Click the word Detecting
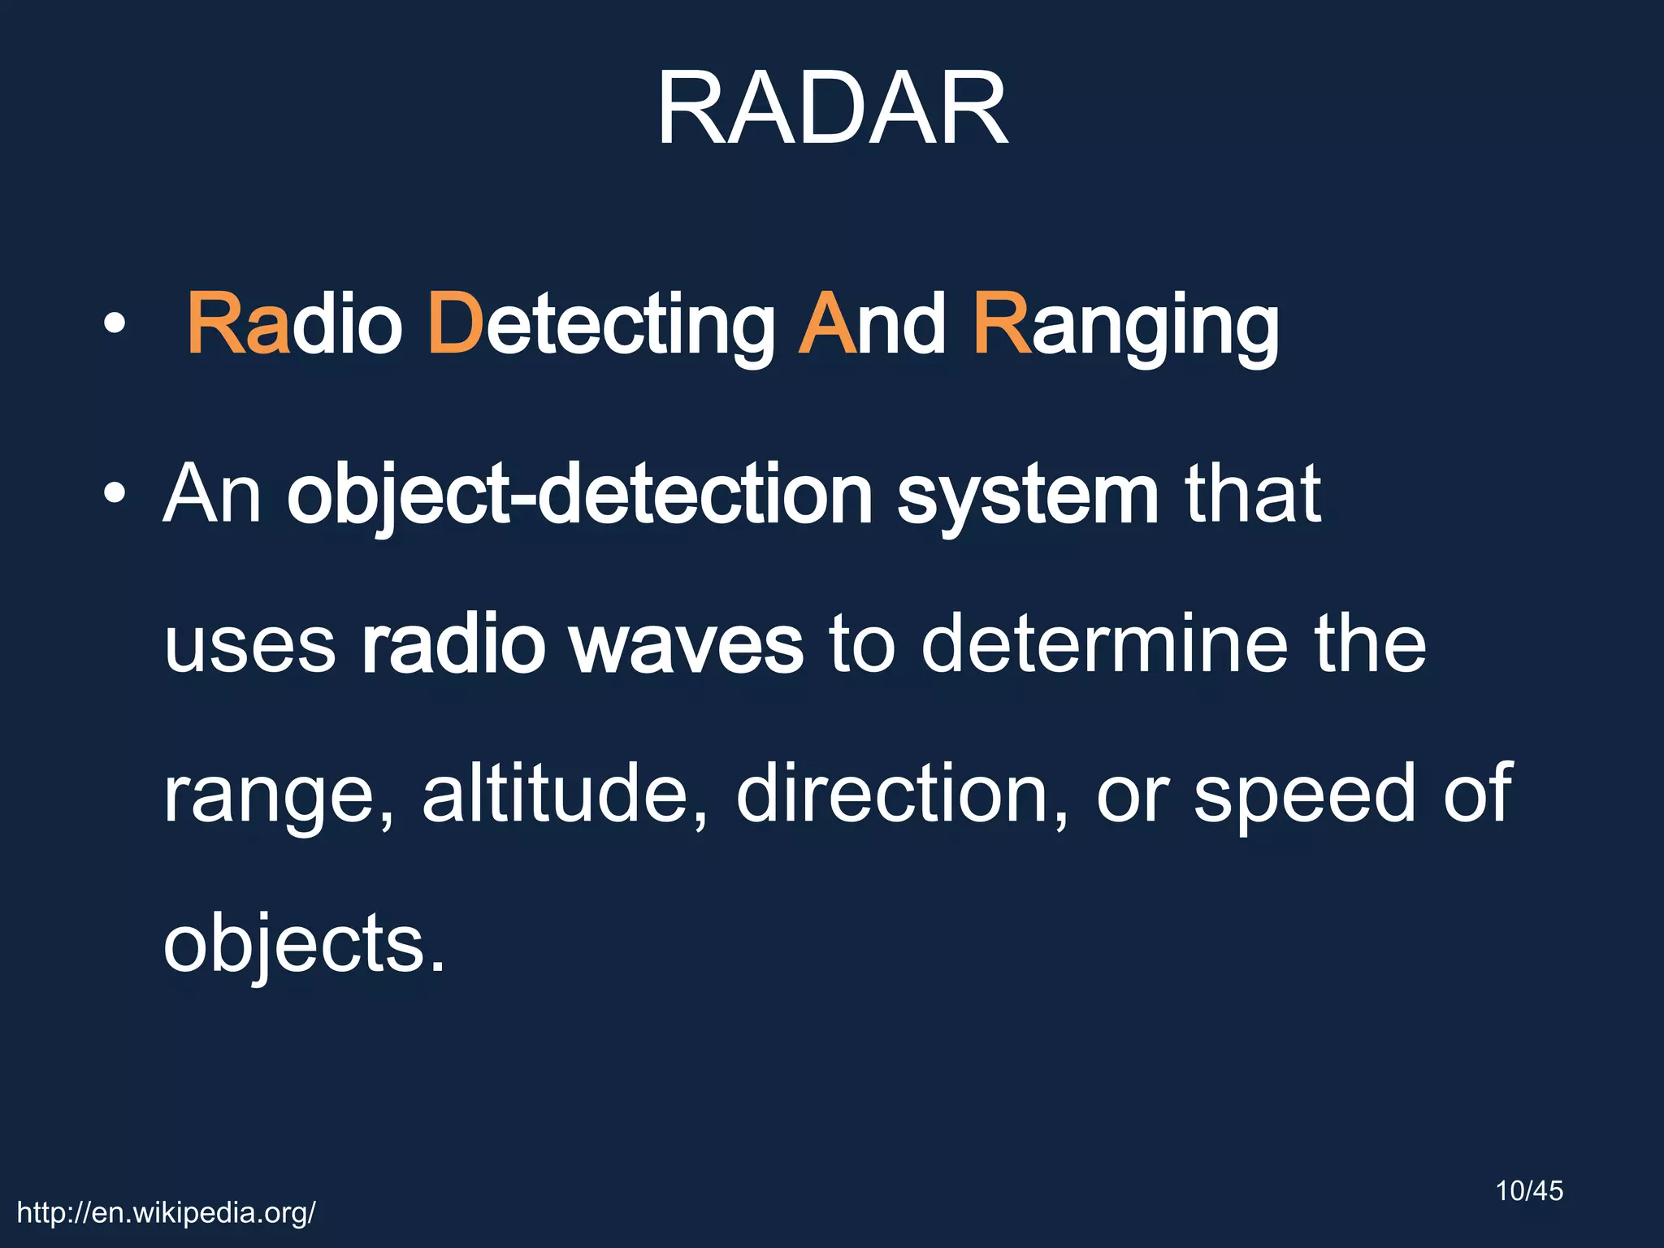click(601, 325)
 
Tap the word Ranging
click(1126, 325)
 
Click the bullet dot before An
click(115, 493)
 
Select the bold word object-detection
click(579, 494)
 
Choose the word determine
click(1105, 644)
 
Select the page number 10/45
click(1529, 1191)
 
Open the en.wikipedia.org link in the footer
click(167, 1213)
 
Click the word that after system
click(1252, 494)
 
